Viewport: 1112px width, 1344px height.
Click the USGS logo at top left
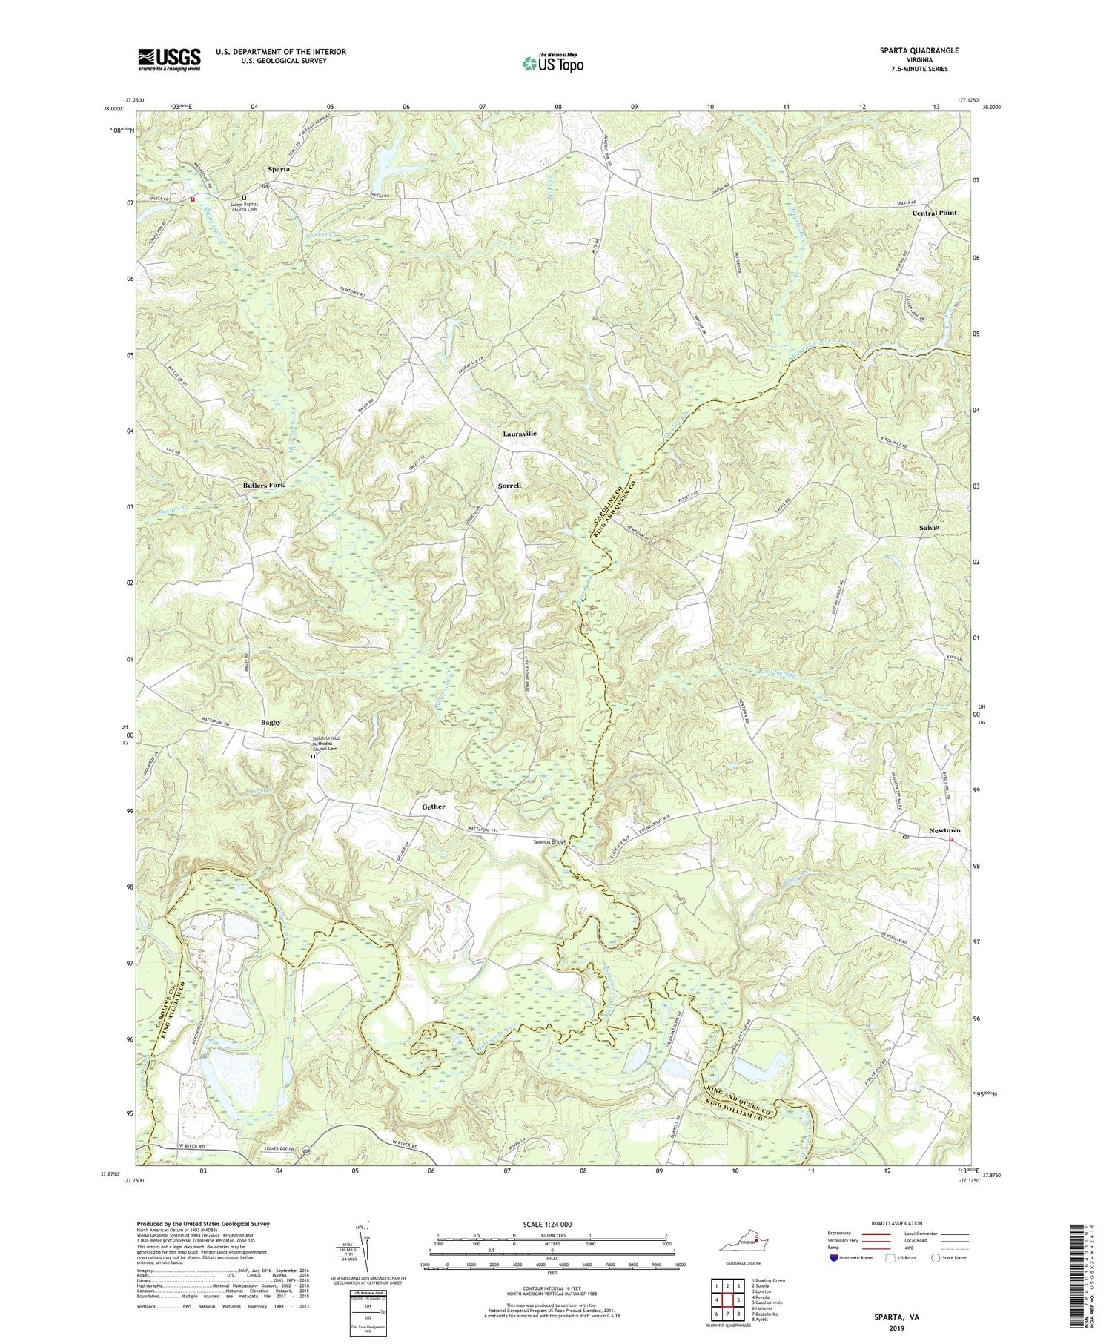click(x=169, y=59)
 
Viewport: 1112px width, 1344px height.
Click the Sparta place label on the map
click(x=278, y=169)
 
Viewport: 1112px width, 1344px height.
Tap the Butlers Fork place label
click(x=263, y=485)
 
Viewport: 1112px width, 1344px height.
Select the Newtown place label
click(x=944, y=830)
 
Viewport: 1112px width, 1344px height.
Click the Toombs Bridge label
click(x=550, y=842)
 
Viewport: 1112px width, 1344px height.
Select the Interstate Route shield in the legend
click(x=835, y=1258)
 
